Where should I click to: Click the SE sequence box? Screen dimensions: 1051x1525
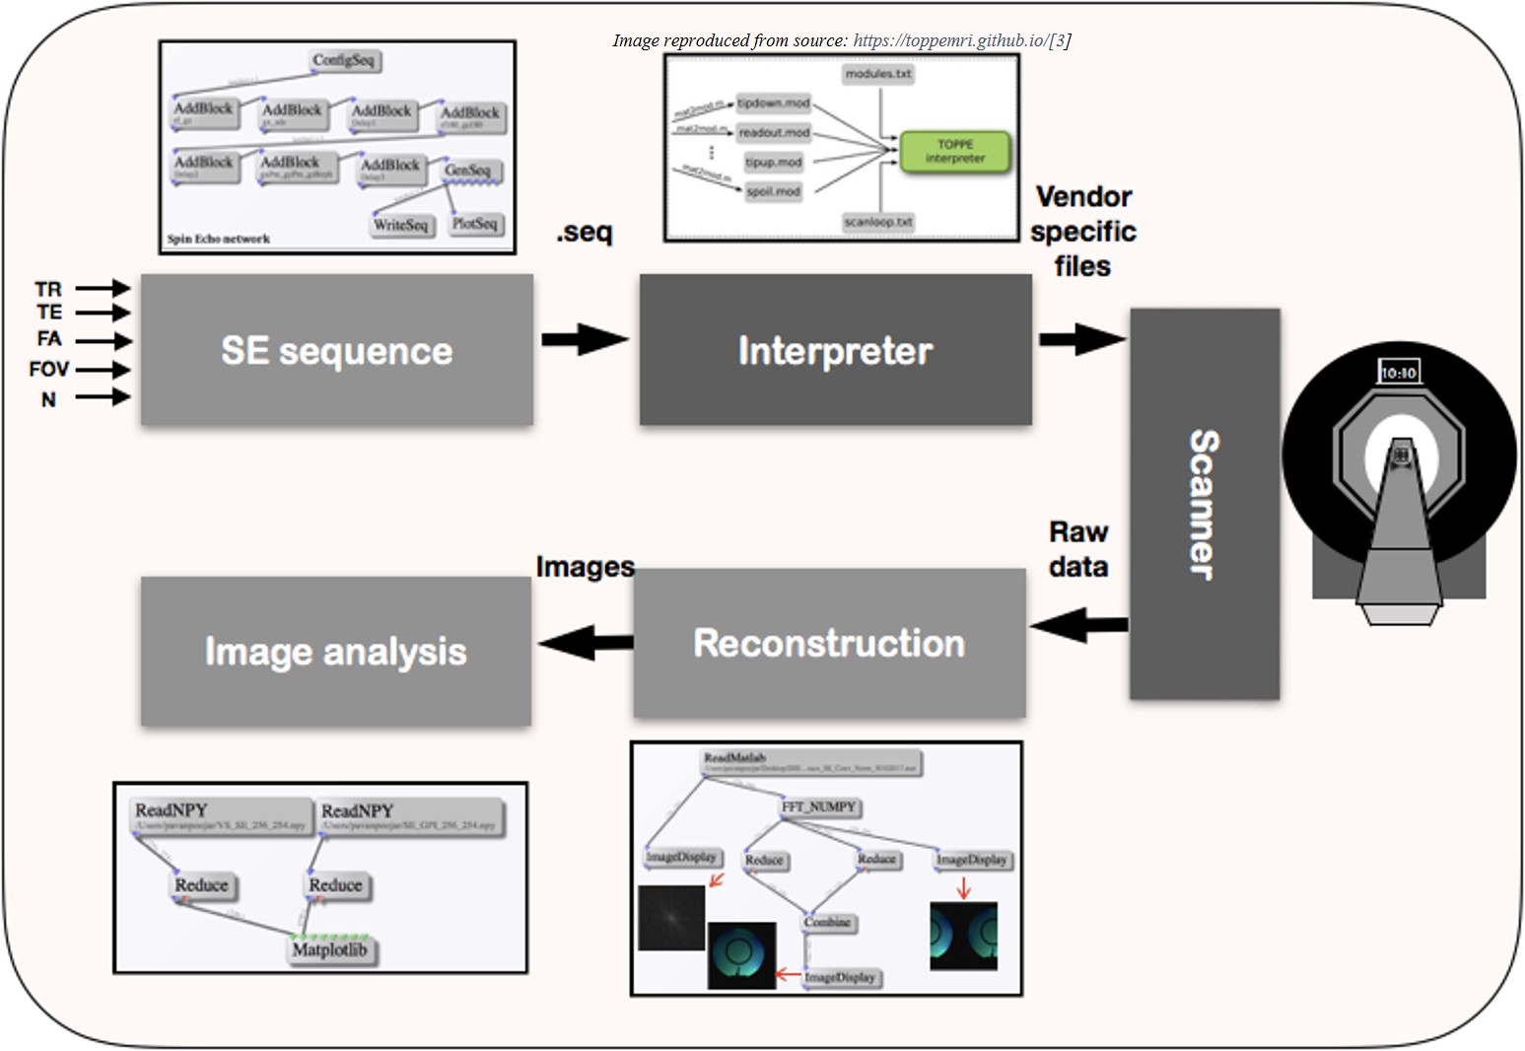(x=336, y=350)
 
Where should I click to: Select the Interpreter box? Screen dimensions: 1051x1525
(x=835, y=350)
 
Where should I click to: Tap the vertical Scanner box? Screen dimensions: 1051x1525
(x=1204, y=504)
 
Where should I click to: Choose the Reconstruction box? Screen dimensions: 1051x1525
(x=829, y=643)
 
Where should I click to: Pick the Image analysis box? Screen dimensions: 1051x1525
(x=335, y=651)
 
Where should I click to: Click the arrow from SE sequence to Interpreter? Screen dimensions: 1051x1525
(x=586, y=339)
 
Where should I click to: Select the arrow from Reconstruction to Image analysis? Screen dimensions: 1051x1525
(x=586, y=643)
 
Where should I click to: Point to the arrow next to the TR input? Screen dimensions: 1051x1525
(x=103, y=288)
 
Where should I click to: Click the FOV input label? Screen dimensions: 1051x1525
(x=48, y=370)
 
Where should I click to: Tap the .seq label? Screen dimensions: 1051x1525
(x=584, y=233)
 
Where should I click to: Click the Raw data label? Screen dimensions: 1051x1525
(x=1078, y=549)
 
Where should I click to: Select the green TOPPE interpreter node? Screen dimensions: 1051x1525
(x=955, y=151)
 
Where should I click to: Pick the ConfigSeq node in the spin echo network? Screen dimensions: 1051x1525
(x=344, y=61)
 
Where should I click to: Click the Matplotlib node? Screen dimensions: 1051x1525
(x=329, y=950)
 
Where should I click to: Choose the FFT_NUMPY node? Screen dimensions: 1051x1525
(x=819, y=807)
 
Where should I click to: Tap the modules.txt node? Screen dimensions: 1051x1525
(x=878, y=74)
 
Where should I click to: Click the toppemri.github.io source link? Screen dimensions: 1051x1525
(x=949, y=40)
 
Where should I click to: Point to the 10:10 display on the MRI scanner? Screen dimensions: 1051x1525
(x=1398, y=373)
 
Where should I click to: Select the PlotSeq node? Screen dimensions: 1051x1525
(x=474, y=224)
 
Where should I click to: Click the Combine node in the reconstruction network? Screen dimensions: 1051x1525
(x=827, y=923)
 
